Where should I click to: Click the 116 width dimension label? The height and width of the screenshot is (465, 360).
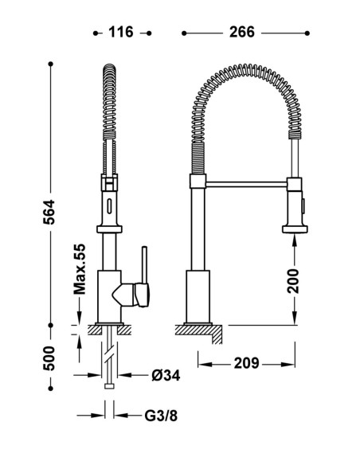tap(121, 32)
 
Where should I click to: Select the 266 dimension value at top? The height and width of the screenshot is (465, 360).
tap(242, 32)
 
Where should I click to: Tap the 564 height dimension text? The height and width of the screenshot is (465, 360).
tap(49, 212)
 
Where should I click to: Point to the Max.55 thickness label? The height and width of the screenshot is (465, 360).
tap(80, 269)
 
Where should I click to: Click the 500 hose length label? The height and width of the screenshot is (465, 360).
tap(49, 358)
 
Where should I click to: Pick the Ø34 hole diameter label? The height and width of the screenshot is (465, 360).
tap(166, 376)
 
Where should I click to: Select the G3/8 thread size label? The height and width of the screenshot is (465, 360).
tap(161, 416)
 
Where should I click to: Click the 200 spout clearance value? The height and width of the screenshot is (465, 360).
tap(293, 281)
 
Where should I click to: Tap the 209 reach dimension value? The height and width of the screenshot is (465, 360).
tap(246, 363)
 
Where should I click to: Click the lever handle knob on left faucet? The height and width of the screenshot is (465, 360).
tap(142, 295)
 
